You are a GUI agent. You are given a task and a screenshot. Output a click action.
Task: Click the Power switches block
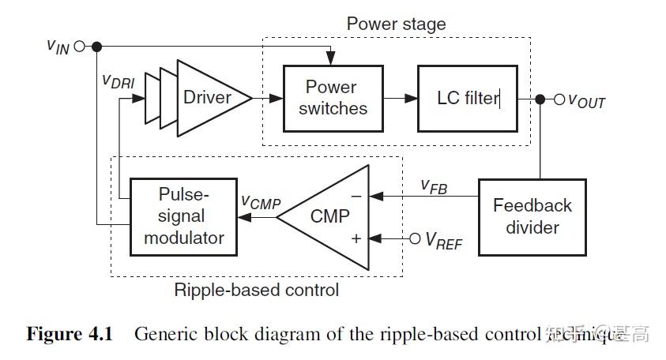(331, 98)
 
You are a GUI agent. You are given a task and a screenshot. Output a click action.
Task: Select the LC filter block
(468, 98)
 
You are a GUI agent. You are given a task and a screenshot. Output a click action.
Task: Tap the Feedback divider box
(532, 216)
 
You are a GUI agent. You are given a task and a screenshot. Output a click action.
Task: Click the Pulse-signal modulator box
(183, 216)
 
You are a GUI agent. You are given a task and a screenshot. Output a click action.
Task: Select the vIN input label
(58, 46)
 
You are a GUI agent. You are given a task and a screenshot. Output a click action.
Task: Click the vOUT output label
(586, 101)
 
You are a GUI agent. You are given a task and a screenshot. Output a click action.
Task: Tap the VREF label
(443, 241)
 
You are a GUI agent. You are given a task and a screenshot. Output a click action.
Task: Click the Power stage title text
(396, 24)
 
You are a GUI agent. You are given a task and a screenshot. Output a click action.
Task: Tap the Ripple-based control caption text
(256, 291)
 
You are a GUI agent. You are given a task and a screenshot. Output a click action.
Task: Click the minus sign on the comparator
(356, 195)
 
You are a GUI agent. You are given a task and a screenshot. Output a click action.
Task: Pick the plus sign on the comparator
(356, 237)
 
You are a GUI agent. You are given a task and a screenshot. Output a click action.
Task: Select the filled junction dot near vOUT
(540, 99)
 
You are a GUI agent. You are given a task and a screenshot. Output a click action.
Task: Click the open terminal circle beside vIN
(79, 46)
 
